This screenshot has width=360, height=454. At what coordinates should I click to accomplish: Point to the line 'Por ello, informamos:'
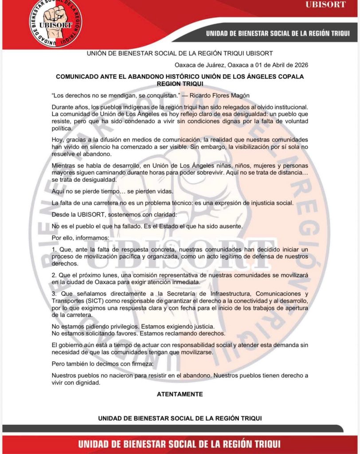[79, 238]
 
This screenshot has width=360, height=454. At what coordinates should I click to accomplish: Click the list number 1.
[54, 250]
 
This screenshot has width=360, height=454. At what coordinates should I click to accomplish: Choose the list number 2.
[54, 275]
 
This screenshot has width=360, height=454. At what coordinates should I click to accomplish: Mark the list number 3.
[54, 294]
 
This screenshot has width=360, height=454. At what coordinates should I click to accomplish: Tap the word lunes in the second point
[111, 275]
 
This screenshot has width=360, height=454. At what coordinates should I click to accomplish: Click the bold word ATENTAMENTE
[180, 394]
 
